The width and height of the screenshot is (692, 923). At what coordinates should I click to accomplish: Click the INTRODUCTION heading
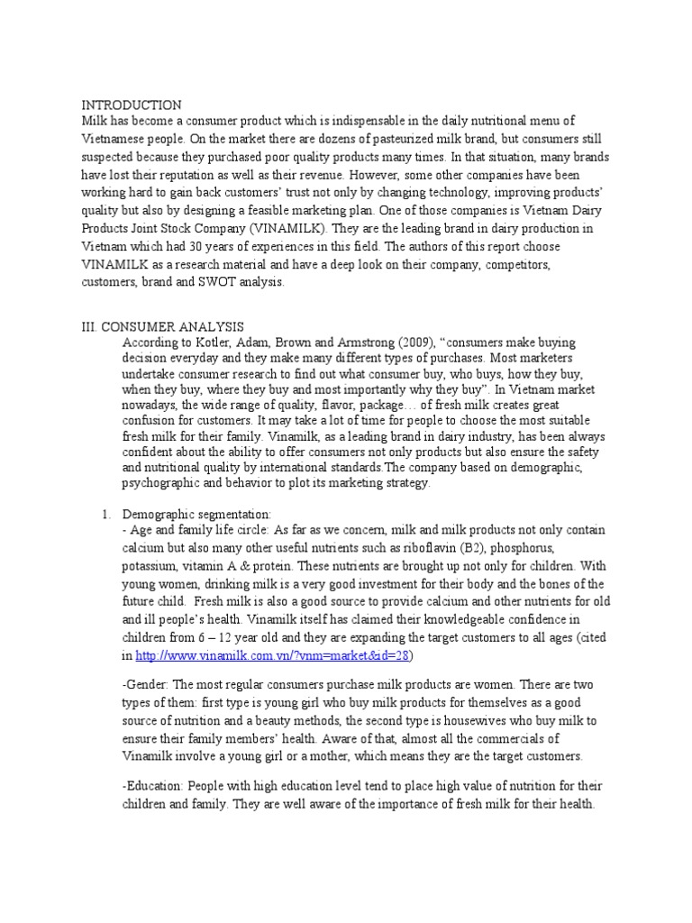coord(132,105)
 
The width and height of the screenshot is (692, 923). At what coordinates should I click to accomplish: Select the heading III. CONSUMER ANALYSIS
coord(162,326)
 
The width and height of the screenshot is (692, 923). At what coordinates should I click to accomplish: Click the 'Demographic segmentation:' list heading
coord(189,513)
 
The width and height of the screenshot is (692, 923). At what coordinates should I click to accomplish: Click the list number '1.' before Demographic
coord(105,513)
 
